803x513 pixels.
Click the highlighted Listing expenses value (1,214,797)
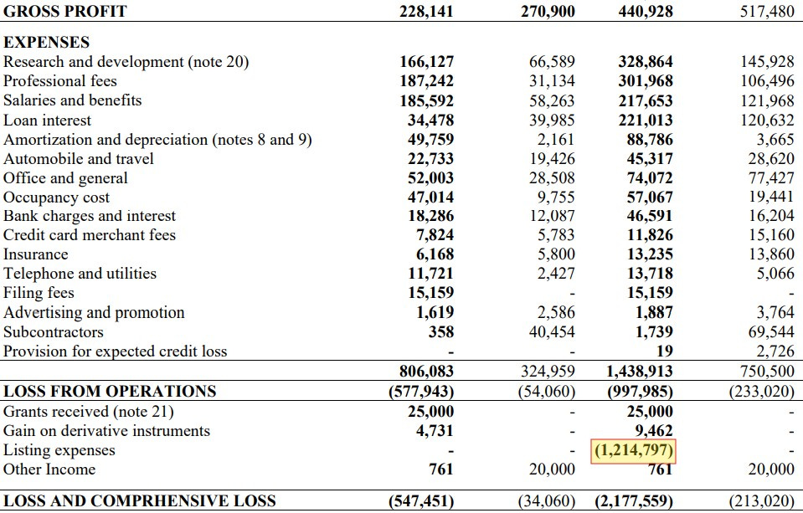coord(634,451)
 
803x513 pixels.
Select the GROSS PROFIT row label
coord(65,12)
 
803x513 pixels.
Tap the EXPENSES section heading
coord(47,43)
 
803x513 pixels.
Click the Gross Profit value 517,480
coord(766,12)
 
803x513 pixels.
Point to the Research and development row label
coord(126,62)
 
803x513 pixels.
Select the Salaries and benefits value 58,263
coord(553,100)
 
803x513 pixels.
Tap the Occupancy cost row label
coord(57,198)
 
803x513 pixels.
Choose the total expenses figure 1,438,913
coord(639,372)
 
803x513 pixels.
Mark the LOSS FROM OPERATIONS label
coord(110,391)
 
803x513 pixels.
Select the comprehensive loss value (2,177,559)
coord(634,501)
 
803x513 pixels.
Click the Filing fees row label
coord(39,293)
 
